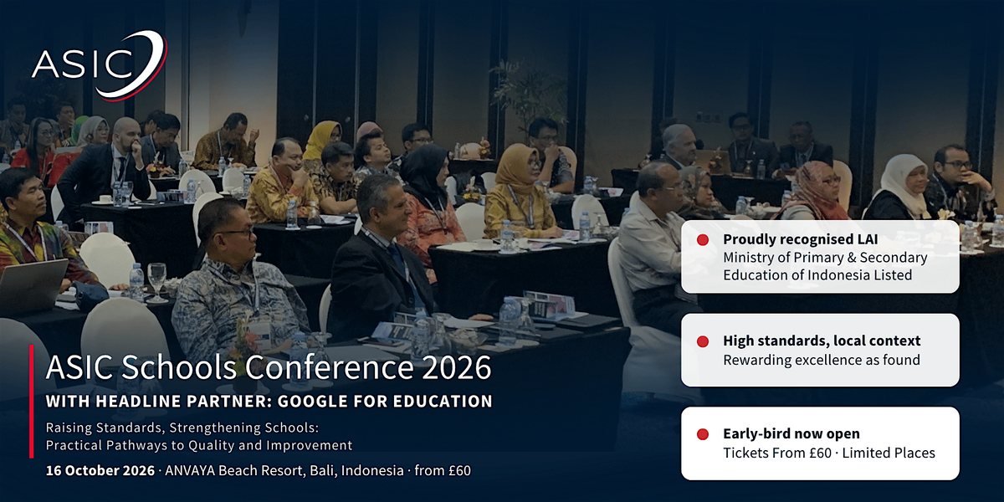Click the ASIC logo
click(x=100, y=65)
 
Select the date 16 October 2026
click(x=100, y=470)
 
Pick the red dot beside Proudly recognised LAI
click(x=703, y=240)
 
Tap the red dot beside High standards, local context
click(x=703, y=342)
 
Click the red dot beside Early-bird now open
click(x=703, y=434)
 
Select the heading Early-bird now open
click(x=791, y=434)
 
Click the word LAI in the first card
click(x=868, y=239)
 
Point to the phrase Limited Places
click(x=889, y=453)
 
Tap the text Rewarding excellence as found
click(x=822, y=360)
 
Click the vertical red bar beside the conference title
click(x=32, y=401)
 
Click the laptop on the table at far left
click(x=33, y=286)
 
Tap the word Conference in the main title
click(x=329, y=367)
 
